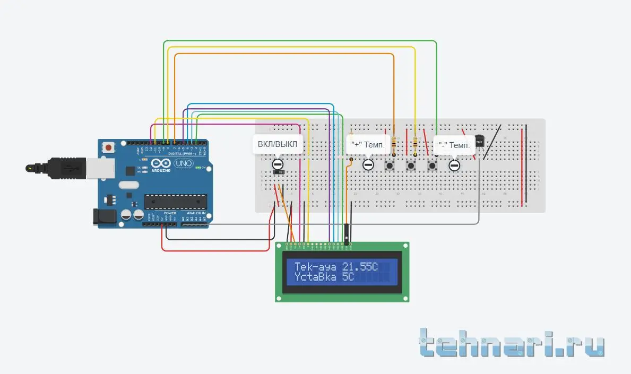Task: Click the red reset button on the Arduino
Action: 109,147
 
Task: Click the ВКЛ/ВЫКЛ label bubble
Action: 278,144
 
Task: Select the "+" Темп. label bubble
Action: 368,144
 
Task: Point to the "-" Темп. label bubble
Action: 453,145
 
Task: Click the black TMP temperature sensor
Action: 479,142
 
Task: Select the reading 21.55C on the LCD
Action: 360,266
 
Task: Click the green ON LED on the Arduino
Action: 198,168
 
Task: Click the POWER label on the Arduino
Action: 170,213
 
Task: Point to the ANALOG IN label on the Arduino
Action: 195,213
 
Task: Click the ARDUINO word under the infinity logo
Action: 160,170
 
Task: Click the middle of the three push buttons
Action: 411,166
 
